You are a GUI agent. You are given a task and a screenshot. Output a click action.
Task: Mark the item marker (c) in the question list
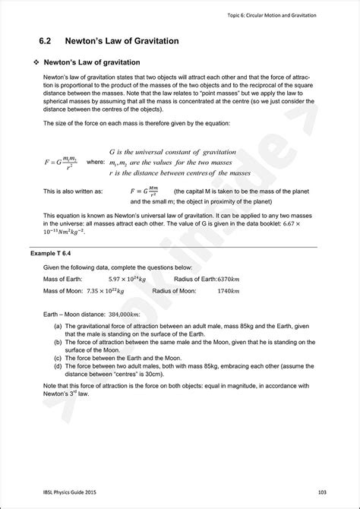click(58, 357)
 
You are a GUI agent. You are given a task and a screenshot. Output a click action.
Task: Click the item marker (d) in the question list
click(58, 366)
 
